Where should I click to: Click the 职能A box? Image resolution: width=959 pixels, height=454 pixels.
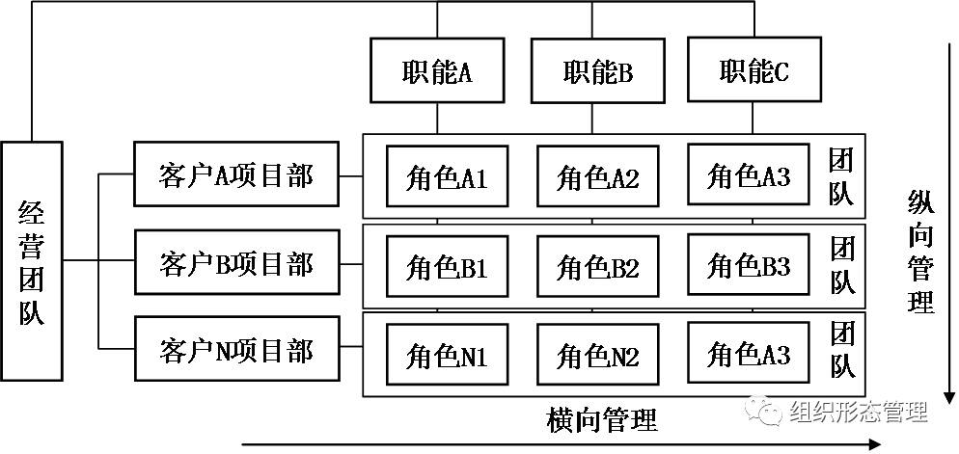(436, 71)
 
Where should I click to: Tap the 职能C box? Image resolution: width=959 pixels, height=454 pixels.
(753, 70)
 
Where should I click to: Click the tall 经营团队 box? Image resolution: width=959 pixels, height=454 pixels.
(32, 260)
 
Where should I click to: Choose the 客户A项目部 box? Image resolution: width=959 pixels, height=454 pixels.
(236, 174)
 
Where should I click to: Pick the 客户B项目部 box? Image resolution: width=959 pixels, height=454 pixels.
(236, 262)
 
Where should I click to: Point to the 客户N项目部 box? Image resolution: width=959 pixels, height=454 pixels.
(236, 350)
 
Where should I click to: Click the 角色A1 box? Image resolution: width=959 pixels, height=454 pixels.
(447, 176)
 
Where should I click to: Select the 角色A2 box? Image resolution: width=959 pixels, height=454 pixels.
(598, 176)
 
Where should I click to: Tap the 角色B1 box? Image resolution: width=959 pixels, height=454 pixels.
(447, 265)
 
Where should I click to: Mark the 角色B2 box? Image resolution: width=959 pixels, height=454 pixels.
(598, 265)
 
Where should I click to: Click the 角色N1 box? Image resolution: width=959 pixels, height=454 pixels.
(447, 356)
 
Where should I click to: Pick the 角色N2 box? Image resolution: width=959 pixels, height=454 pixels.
(598, 356)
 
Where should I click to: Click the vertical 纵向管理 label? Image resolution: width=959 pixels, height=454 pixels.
(920, 251)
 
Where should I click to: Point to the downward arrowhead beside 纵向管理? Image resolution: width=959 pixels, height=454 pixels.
(949, 398)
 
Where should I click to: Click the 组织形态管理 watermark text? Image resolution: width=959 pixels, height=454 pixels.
(858, 412)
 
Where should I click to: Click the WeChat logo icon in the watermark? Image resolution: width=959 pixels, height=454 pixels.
(769, 412)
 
